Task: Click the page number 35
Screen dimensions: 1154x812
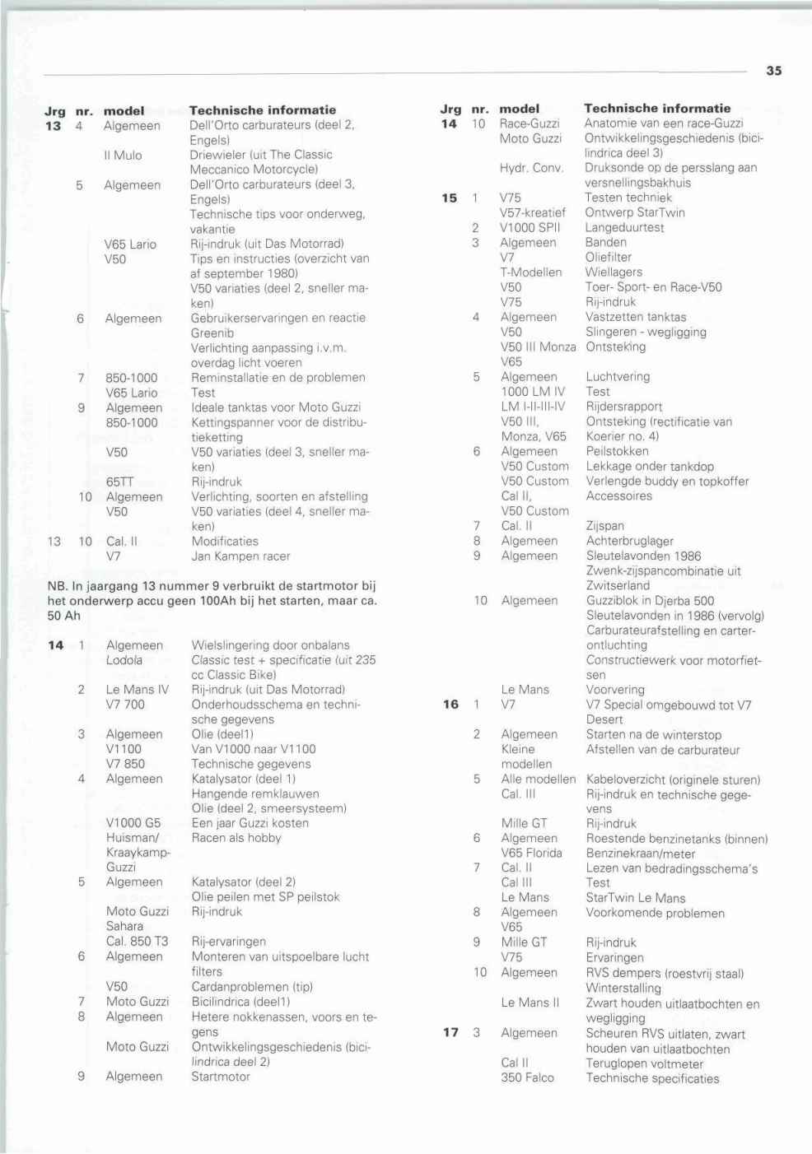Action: click(x=773, y=71)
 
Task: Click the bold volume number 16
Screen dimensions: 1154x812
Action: click(x=450, y=705)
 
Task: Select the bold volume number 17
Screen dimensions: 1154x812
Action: click(x=450, y=1032)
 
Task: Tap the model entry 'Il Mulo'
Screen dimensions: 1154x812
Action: click(x=123, y=155)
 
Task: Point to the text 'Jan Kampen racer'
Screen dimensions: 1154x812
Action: click(x=240, y=556)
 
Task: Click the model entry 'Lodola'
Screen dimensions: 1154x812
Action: click(x=124, y=660)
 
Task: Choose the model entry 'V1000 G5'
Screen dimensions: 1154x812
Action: click(x=133, y=823)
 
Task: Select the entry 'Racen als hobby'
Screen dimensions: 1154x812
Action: click(x=236, y=838)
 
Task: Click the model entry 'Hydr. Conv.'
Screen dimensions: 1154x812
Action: click(x=531, y=168)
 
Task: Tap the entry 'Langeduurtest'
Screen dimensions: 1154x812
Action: click(x=624, y=227)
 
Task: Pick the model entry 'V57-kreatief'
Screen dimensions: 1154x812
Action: click(x=533, y=212)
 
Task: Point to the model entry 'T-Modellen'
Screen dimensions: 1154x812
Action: click(x=531, y=272)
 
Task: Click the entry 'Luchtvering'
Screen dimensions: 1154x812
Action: click(x=618, y=377)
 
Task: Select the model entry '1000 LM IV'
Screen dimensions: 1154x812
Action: click(x=533, y=392)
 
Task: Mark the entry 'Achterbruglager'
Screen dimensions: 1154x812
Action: click(x=630, y=541)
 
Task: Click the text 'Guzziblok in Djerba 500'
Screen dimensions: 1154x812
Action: click(x=650, y=601)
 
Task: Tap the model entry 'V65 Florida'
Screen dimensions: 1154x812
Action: click(x=532, y=854)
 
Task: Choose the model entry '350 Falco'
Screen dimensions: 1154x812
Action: click(x=528, y=1077)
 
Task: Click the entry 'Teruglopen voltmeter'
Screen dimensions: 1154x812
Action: click(x=645, y=1063)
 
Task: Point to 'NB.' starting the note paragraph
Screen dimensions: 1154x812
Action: click(x=57, y=586)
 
